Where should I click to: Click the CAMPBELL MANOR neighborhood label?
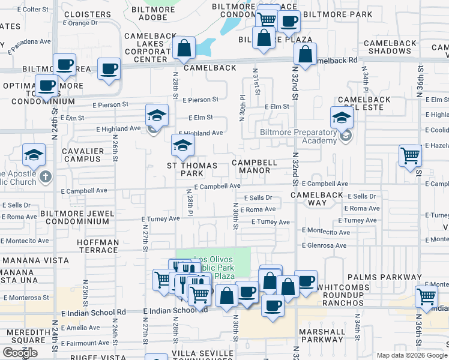tap(255, 167)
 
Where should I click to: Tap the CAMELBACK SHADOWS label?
tap(390, 47)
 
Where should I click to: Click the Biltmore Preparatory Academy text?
tap(298, 136)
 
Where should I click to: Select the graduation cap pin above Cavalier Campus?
tap(34, 155)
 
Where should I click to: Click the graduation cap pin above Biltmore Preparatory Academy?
tap(341, 117)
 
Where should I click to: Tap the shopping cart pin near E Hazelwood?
tap(410, 155)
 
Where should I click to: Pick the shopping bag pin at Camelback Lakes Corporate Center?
tap(184, 48)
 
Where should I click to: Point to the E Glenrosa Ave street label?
tap(324, 245)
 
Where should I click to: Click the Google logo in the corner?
tap(20, 353)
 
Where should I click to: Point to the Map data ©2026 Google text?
tap(411, 355)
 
